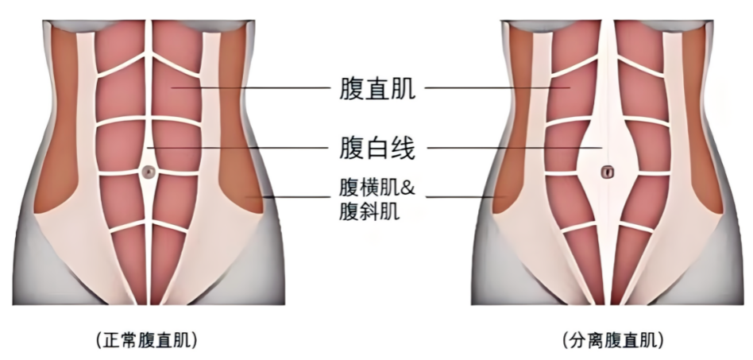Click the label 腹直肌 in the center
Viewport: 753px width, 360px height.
[x=377, y=88]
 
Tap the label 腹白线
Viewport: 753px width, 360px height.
[x=377, y=148]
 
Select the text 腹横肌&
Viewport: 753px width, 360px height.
[x=377, y=188]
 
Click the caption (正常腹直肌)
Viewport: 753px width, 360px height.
[x=146, y=340]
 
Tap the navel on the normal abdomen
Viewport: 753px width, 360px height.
[x=149, y=171]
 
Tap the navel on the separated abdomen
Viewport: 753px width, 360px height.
[x=608, y=171]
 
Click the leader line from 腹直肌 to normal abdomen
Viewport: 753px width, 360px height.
[x=251, y=88]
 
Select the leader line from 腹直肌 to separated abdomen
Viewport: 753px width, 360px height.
[x=497, y=88]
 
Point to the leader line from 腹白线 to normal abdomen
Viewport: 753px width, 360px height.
[x=238, y=148]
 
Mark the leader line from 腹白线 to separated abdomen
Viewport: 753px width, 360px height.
[x=515, y=148]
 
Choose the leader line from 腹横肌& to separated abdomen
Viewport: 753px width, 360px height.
[x=465, y=196]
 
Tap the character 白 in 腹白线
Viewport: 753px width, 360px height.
[x=377, y=148]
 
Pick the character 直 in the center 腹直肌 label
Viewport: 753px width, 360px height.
[x=377, y=88]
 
